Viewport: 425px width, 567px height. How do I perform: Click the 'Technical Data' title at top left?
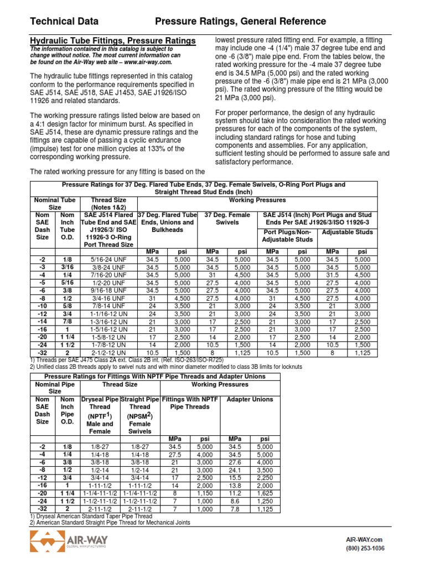tap(64, 22)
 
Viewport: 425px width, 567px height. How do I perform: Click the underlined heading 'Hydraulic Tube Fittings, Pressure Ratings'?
tap(112, 41)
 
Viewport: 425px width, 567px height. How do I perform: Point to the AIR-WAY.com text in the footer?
tap(364, 539)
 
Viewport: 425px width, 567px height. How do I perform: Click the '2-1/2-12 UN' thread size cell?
tap(108, 352)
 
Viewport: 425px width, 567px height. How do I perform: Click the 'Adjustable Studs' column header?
tap(348, 232)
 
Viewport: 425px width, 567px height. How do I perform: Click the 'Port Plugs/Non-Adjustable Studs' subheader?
tap(288, 236)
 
